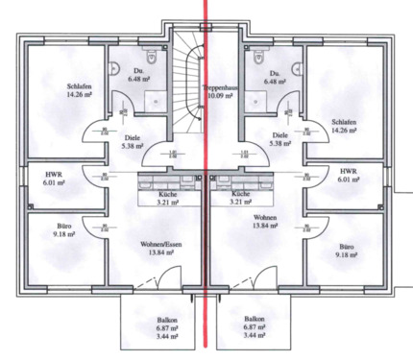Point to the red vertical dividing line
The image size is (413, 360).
coord(205,192)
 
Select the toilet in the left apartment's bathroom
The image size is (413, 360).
coord(113,63)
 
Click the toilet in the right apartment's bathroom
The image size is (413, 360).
coord(252,63)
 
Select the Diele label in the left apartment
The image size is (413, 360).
coord(132,136)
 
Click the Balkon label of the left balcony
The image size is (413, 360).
coord(142,318)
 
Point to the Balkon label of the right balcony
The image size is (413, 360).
coord(255,318)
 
